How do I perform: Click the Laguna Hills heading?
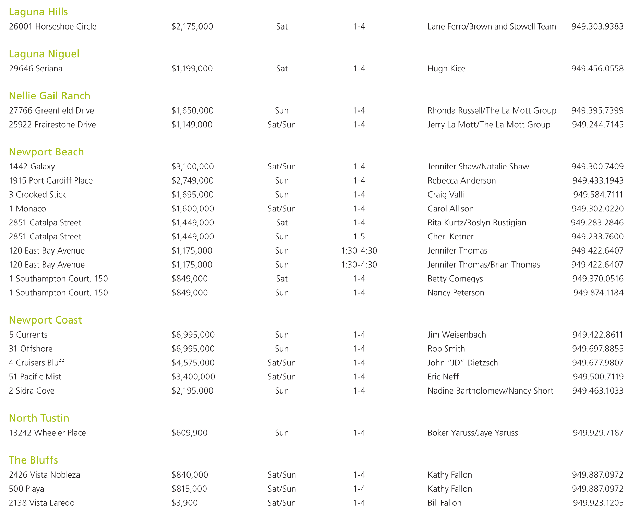[38, 12]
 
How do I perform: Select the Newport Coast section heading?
[45, 320]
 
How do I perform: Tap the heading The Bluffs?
[33, 460]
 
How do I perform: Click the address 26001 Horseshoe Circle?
[52, 27]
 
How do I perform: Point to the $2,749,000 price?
[192, 181]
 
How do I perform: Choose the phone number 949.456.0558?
[597, 69]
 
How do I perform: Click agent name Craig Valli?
[446, 195]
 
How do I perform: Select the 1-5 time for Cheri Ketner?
[359, 237]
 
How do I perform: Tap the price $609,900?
[190, 433]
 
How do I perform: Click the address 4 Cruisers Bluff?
[37, 363]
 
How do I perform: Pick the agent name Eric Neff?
[443, 377]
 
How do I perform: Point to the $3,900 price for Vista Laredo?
[184, 503]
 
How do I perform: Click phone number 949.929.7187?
[598, 433]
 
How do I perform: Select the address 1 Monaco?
[27, 209]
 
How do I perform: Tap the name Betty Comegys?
[455, 279]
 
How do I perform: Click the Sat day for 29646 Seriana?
[282, 69]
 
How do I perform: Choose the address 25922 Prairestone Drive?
[52, 125]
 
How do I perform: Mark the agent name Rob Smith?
[446, 349]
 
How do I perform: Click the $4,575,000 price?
[193, 363]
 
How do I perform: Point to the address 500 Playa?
[26, 489]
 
